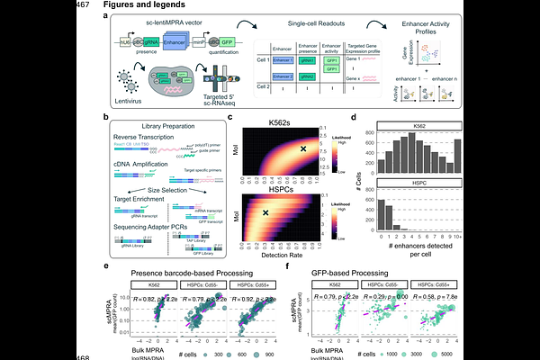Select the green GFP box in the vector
coord(240,43)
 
